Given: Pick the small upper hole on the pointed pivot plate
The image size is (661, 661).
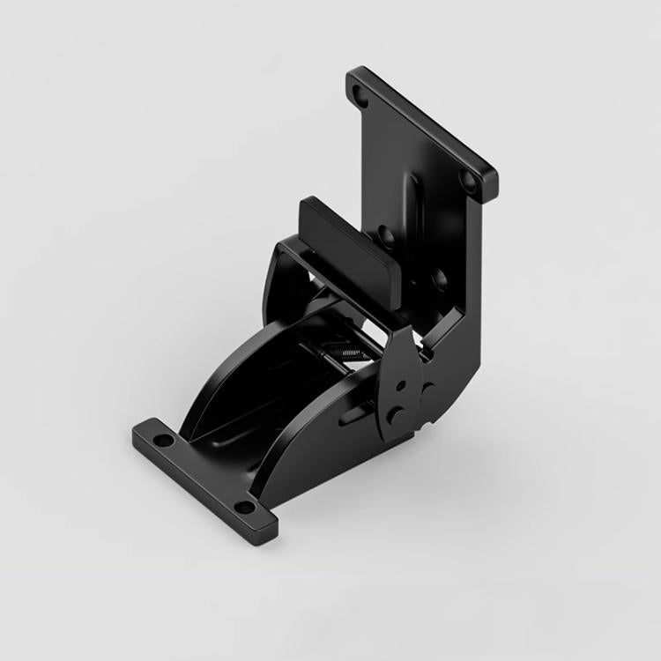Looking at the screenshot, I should click(402, 384).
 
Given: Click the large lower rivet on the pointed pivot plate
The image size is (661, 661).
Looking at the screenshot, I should click(399, 415).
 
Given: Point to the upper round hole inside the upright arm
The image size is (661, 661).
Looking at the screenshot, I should click(387, 235).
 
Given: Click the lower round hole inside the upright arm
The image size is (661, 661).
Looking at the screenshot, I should click(439, 280).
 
